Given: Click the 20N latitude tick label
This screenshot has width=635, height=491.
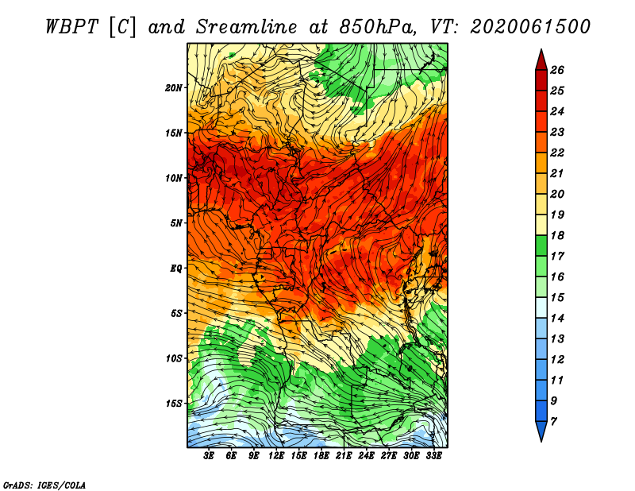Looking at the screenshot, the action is click(x=174, y=88).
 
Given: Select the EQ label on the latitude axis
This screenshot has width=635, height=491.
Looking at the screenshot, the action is click(x=176, y=269).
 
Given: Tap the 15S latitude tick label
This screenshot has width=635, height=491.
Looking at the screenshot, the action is click(x=174, y=404).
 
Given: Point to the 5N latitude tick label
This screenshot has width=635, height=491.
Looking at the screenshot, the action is click(x=176, y=223).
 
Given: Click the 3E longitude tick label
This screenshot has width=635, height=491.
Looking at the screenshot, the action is click(x=209, y=456).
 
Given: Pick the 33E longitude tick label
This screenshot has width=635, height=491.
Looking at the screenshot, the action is click(x=433, y=456).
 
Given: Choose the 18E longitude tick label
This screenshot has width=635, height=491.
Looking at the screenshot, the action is click(x=321, y=456).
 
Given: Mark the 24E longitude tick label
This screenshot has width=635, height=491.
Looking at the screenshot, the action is click(x=366, y=456).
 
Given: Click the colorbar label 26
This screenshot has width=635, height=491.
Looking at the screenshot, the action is click(x=557, y=70).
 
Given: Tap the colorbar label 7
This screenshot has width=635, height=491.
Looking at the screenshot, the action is click(x=553, y=422).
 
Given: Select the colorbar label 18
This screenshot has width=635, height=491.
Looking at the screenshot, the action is click(x=557, y=235).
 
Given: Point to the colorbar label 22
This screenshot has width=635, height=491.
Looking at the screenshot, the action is click(x=557, y=153).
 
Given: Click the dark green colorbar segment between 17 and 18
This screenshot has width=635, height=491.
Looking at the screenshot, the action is click(x=541, y=246).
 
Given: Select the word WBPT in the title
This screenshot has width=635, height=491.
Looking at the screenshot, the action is click(x=71, y=27).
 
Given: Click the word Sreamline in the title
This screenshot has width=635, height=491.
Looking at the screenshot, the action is click(x=247, y=27).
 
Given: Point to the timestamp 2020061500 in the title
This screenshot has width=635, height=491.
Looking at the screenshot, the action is click(x=530, y=27).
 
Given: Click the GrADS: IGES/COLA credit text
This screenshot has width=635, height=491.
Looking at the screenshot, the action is click(x=44, y=485).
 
